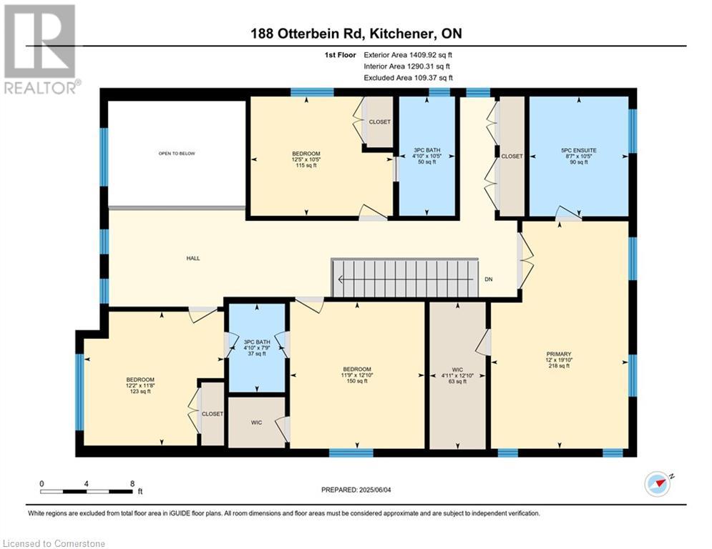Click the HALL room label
(x=193, y=258)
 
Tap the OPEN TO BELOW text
(x=177, y=154)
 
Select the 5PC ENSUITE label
(x=578, y=150)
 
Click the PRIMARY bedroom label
(x=559, y=354)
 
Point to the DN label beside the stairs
(x=489, y=280)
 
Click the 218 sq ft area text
(x=559, y=366)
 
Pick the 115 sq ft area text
(x=306, y=166)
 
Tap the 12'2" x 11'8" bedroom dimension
(x=140, y=385)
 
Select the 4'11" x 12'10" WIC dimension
(x=457, y=376)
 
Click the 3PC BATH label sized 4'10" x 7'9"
(x=257, y=342)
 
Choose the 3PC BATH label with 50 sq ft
(x=426, y=150)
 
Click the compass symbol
(x=658, y=484)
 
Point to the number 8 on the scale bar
(x=132, y=484)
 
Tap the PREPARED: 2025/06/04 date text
(x=356, y=490)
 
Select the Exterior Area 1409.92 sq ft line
(x=408, y=55)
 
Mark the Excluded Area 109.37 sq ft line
(x=408, y=78)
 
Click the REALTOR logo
(x=41, y=49)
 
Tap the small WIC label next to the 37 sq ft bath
(x=257, y=422)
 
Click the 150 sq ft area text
(x=357, y=381)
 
